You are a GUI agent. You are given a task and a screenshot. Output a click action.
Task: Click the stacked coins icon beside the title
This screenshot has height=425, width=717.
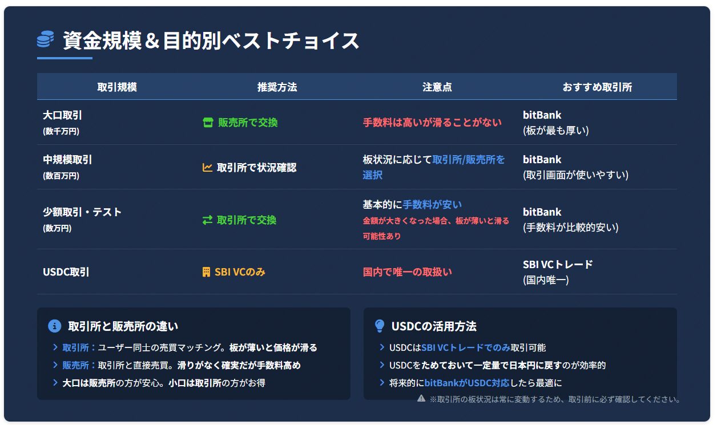45,39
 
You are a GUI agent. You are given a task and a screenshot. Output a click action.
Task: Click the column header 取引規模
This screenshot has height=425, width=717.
117,87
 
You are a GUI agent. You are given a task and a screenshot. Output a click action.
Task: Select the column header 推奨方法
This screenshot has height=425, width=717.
277,87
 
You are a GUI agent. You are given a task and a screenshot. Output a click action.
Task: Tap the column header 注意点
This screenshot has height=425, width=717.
437,87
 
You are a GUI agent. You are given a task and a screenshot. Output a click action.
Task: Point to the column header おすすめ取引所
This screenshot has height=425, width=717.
597,87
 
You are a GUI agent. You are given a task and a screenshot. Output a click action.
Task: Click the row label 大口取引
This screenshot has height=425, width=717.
62,115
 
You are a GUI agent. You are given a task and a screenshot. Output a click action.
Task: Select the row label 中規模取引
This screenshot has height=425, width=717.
67,160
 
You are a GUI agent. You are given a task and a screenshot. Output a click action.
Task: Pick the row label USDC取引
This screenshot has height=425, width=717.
66,272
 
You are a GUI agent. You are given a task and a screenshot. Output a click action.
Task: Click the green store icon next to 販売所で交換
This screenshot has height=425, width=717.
208,123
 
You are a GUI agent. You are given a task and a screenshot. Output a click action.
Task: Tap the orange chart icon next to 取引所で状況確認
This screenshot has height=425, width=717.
207,167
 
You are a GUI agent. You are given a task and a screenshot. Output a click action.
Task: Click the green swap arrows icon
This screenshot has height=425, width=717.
207,220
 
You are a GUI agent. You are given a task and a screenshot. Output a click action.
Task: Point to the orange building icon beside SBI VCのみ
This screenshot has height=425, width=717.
206,272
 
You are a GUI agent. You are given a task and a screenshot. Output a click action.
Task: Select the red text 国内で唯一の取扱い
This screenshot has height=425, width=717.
407,272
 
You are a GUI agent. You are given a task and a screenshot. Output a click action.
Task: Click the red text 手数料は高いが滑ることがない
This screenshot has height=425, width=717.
432,123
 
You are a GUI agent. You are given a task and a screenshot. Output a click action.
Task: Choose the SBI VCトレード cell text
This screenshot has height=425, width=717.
558,265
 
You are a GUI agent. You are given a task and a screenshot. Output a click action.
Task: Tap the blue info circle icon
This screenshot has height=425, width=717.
54,326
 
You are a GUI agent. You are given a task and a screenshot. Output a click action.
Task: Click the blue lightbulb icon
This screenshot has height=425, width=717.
380,326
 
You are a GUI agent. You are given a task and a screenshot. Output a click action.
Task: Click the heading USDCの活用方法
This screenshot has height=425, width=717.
434,326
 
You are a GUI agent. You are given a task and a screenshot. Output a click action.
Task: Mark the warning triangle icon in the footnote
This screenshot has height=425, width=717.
421,398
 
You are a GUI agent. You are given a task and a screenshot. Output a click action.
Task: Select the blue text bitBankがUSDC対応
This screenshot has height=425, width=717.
467,383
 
